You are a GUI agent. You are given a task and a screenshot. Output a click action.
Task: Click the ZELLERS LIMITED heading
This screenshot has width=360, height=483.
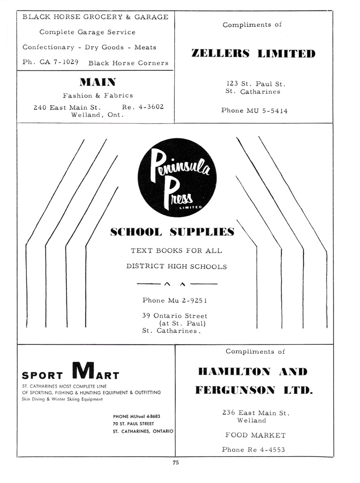[x=254, y=53]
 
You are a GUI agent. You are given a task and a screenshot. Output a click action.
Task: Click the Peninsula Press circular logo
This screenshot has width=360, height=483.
[x=177, y=177]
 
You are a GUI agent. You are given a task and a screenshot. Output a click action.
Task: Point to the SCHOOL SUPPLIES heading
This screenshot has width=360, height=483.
[x=172, y=232]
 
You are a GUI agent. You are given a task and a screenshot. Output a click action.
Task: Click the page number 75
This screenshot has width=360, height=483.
[x=175, y=463]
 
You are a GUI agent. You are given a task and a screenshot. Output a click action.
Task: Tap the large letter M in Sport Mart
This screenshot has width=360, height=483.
[x=84, y=370]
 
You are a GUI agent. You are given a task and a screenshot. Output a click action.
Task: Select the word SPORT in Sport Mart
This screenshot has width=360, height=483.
[x=42, y=375]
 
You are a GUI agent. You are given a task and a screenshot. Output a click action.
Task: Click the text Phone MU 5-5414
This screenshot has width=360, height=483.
[x=254, y=111]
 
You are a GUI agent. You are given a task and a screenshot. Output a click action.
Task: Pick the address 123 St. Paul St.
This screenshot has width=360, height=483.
[x=256, y=84]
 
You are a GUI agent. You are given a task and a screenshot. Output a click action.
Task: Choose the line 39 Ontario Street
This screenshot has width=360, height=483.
[x=175, y=316]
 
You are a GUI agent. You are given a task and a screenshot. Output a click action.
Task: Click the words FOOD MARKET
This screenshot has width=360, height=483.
[x=255, y=435]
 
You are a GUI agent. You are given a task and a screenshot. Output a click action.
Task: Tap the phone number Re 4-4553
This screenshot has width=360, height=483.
[x=266, y=450]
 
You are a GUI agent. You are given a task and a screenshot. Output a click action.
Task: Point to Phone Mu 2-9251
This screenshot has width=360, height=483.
[x=175, y=300]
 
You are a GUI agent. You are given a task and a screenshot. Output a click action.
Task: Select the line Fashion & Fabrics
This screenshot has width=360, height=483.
[x=98, y=95]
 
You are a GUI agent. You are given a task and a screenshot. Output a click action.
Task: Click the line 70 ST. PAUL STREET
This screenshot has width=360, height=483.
[x=133, y=424]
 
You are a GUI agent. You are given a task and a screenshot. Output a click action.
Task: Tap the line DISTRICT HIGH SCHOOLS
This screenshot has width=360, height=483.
[x=176, y=266]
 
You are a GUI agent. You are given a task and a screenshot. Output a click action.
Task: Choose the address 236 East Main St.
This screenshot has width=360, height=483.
[x=255, y=413]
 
